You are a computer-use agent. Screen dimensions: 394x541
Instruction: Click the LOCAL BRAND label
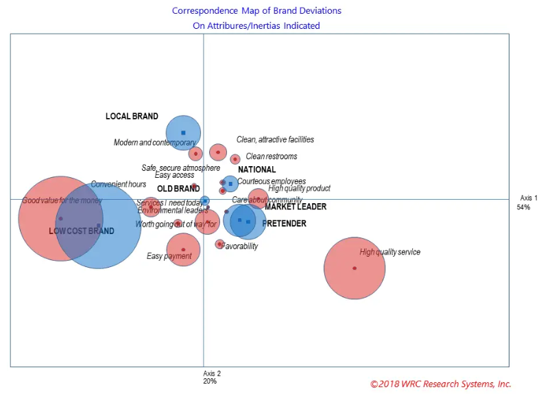click(132, 117)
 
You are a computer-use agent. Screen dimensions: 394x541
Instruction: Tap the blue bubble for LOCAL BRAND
click(183, 132)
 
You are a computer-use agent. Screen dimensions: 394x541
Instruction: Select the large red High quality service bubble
click(354, 268)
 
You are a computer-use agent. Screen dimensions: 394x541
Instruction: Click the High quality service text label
click(389, 252)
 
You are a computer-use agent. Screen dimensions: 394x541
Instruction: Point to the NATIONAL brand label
click(256, 170)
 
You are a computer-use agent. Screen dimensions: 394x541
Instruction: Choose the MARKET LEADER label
click(296, 207)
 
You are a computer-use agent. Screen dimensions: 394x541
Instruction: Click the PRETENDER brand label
click(284, 224)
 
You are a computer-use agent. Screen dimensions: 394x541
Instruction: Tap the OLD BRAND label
click(178, 189)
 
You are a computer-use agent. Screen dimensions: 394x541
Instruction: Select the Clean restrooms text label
click(272, 157)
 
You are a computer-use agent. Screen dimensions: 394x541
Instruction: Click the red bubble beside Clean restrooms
click(235, 159)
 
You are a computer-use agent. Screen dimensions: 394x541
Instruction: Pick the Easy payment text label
click(169, 257)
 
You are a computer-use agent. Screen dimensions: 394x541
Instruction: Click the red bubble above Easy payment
click(183, 249)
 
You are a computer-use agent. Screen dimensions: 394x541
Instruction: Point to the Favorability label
click(241, 246)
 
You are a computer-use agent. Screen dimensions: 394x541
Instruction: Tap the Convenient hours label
click(119, 185)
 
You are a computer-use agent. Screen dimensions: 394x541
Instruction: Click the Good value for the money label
click(62, 200)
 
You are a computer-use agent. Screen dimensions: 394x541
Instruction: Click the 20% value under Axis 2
click(210, 381)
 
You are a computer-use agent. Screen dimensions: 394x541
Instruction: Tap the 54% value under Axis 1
click(523, 207)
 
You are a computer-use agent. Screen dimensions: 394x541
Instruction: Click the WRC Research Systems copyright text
click(440, 384)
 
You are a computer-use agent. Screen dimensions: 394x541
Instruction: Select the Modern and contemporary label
click(154, 143)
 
